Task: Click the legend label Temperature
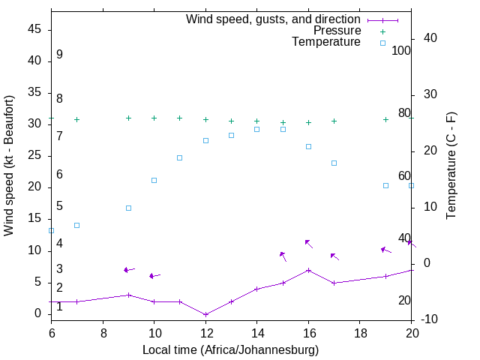pos(326,43)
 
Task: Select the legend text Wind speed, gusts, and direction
pos(273,19)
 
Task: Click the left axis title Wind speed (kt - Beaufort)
pos(9,165)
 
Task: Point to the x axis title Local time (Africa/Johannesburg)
pos(231,350)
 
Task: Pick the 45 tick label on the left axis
pos(34,29)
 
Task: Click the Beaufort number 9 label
pos(59,55)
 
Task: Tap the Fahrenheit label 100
pos(401,51)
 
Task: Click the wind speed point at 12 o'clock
pos(205,314)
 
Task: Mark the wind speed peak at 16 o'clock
pos(308,270)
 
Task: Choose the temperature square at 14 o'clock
pos(256,129)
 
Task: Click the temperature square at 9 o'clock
pos(128,208)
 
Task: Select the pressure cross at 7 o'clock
pos(76,119)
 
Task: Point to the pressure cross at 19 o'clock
pos(385,119)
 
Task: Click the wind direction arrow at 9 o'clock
pos(129,269)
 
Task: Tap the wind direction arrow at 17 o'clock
pos(334,256)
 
